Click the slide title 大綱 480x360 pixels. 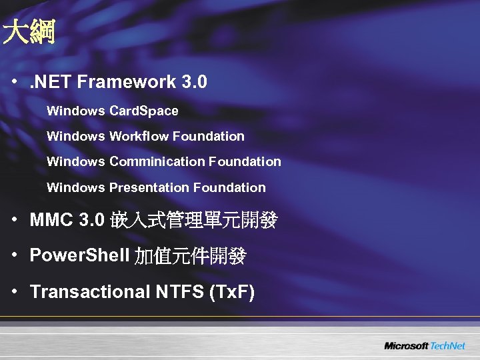pos(28,32)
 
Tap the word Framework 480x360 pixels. pos(127,83)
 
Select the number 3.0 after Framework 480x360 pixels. pos(194,83)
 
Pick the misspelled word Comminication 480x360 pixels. pos(157,161)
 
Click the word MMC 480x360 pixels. pos(51,221)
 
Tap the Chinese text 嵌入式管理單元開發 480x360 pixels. pos(194,221)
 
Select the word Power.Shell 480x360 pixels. pos(80,255)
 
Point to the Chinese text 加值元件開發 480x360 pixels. pos(191,256)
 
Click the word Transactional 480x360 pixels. pos(89,291)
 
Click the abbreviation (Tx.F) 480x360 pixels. pos(232,291)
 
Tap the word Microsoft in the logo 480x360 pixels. pos(406,346)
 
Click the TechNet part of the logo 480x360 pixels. pos(448,346)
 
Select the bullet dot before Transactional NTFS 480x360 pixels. pos(15,291)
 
